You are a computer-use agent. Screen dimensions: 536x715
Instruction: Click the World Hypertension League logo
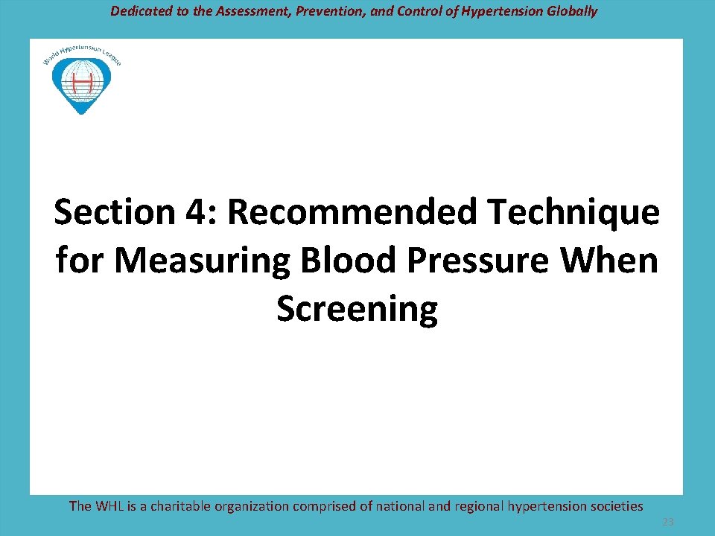(81, 78)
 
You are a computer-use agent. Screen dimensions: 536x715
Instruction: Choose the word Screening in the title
(357, 310)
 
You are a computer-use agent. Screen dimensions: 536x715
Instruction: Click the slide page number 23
(668, 523)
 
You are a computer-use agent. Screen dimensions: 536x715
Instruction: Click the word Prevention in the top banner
(346, 11)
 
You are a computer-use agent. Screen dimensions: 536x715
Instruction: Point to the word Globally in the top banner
(571, 11)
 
